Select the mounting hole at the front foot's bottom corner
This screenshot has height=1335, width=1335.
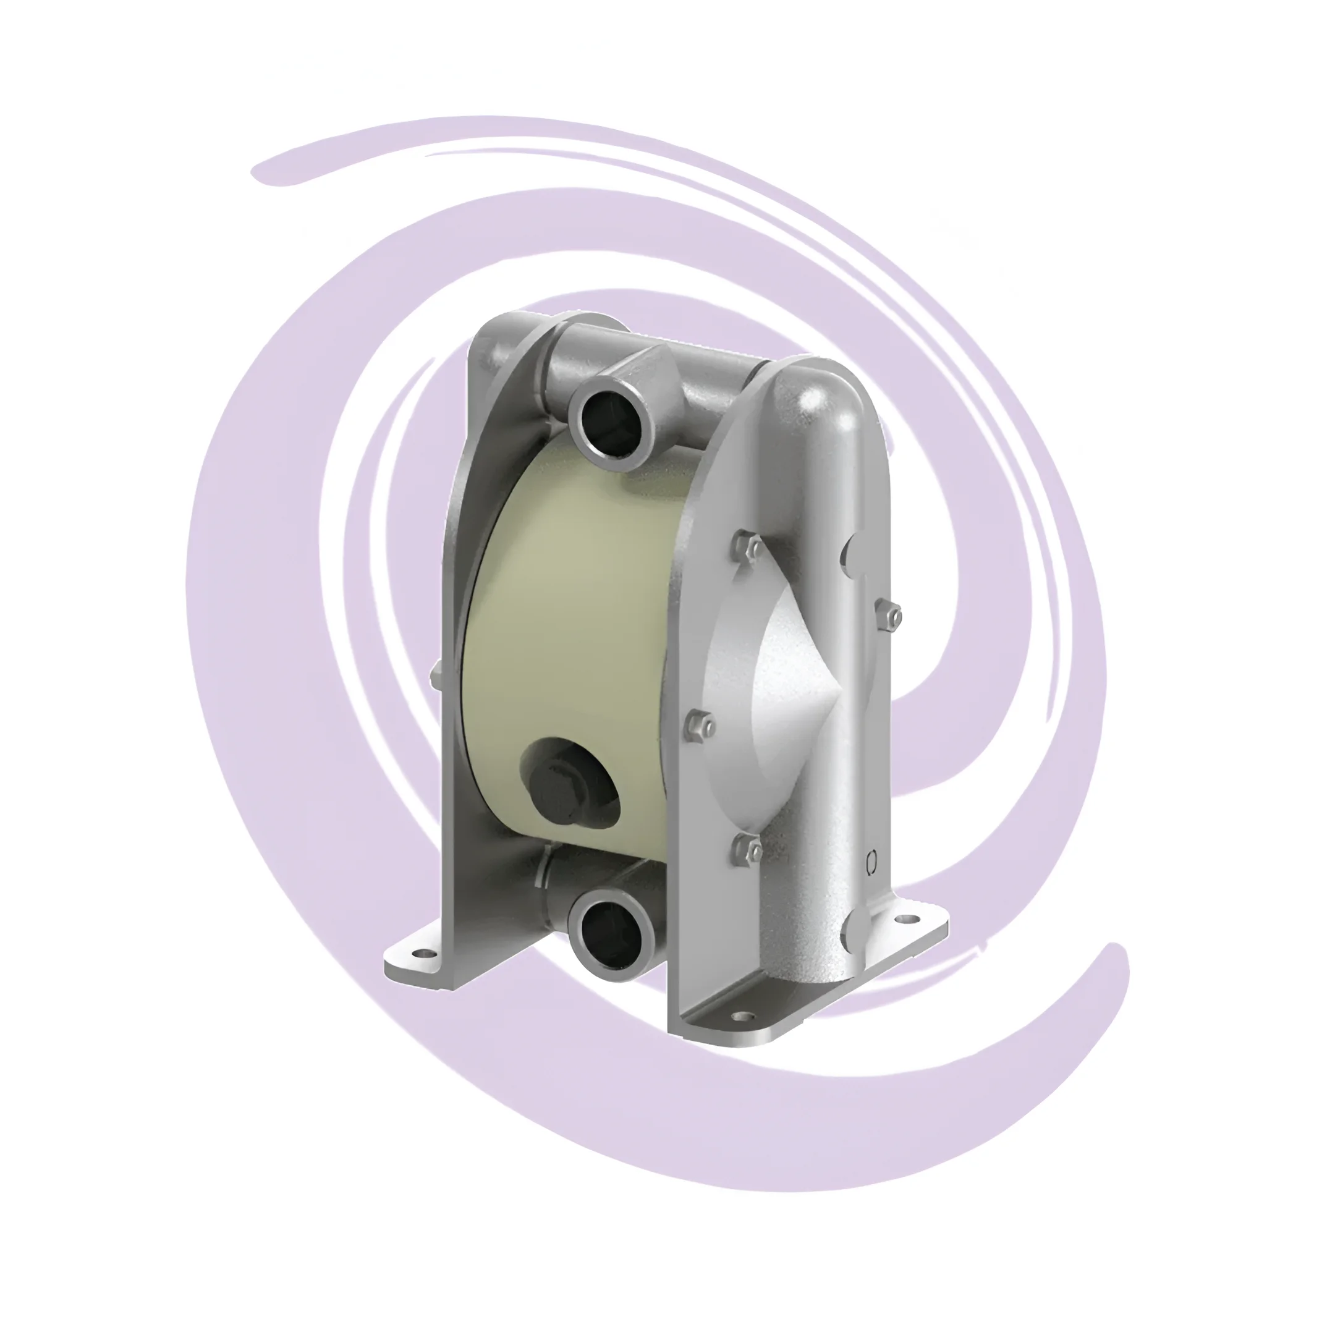tap(743, 1018)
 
